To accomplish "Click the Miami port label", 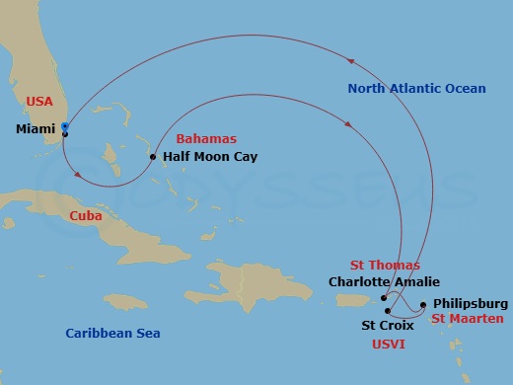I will [37, 129].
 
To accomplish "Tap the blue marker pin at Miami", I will [64, 127].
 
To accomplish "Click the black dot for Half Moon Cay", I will [153, 157].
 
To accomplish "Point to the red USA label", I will [39, 102].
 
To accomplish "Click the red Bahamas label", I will [200, 140].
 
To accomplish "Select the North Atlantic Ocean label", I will [416, 89].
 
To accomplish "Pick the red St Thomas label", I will [385, 265].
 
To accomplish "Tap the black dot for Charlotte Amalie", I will [384, 296].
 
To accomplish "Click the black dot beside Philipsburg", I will [424, 305].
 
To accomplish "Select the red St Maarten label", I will [467, 319].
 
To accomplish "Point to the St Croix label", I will [381, 325].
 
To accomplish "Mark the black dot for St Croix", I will [389, 310].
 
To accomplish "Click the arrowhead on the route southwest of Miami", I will [78, 176].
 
